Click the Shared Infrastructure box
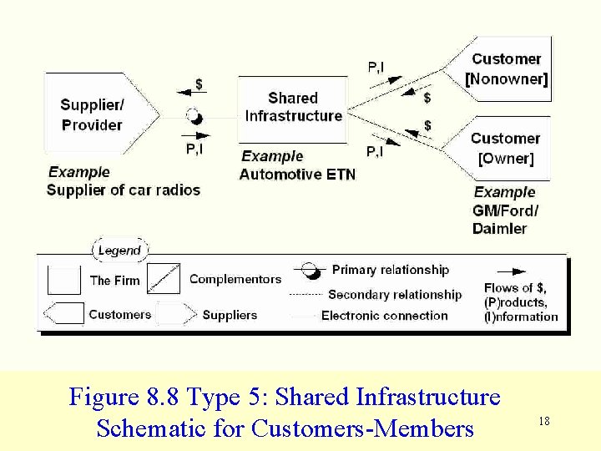292,108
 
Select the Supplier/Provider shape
96,114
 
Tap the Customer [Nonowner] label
506,69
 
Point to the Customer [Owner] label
505,148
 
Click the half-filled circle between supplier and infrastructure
194,117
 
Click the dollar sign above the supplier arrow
199,84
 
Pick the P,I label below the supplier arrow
194,149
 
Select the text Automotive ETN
296,175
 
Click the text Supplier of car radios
124,190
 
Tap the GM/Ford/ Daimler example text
504,220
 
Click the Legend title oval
119,250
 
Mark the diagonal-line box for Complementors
164,279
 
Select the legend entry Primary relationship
390,270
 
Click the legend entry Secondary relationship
394,295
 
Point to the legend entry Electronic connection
384,316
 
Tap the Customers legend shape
64,314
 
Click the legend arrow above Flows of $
511,271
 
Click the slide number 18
544,421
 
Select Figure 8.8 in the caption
126,396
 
